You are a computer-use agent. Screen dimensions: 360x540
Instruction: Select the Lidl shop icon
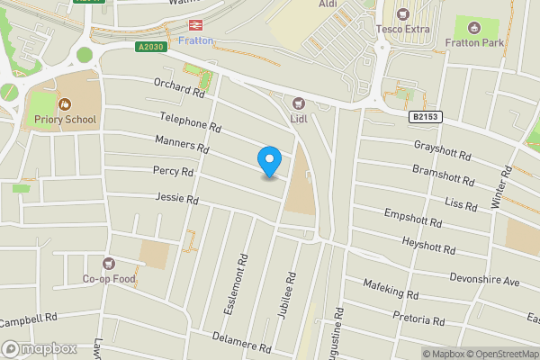point(300,103)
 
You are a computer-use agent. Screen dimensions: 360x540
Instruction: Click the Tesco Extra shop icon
point(402,13)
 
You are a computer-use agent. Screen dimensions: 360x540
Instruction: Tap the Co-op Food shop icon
point(110,264)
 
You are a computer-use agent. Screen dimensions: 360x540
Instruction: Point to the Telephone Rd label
point(190,122)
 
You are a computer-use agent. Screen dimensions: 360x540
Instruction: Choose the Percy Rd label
point(174,171)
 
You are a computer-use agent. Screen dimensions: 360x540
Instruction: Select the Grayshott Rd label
point(443,149)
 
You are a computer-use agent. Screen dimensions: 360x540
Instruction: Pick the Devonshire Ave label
point(485,280)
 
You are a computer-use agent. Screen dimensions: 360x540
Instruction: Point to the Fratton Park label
point(475,42)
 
